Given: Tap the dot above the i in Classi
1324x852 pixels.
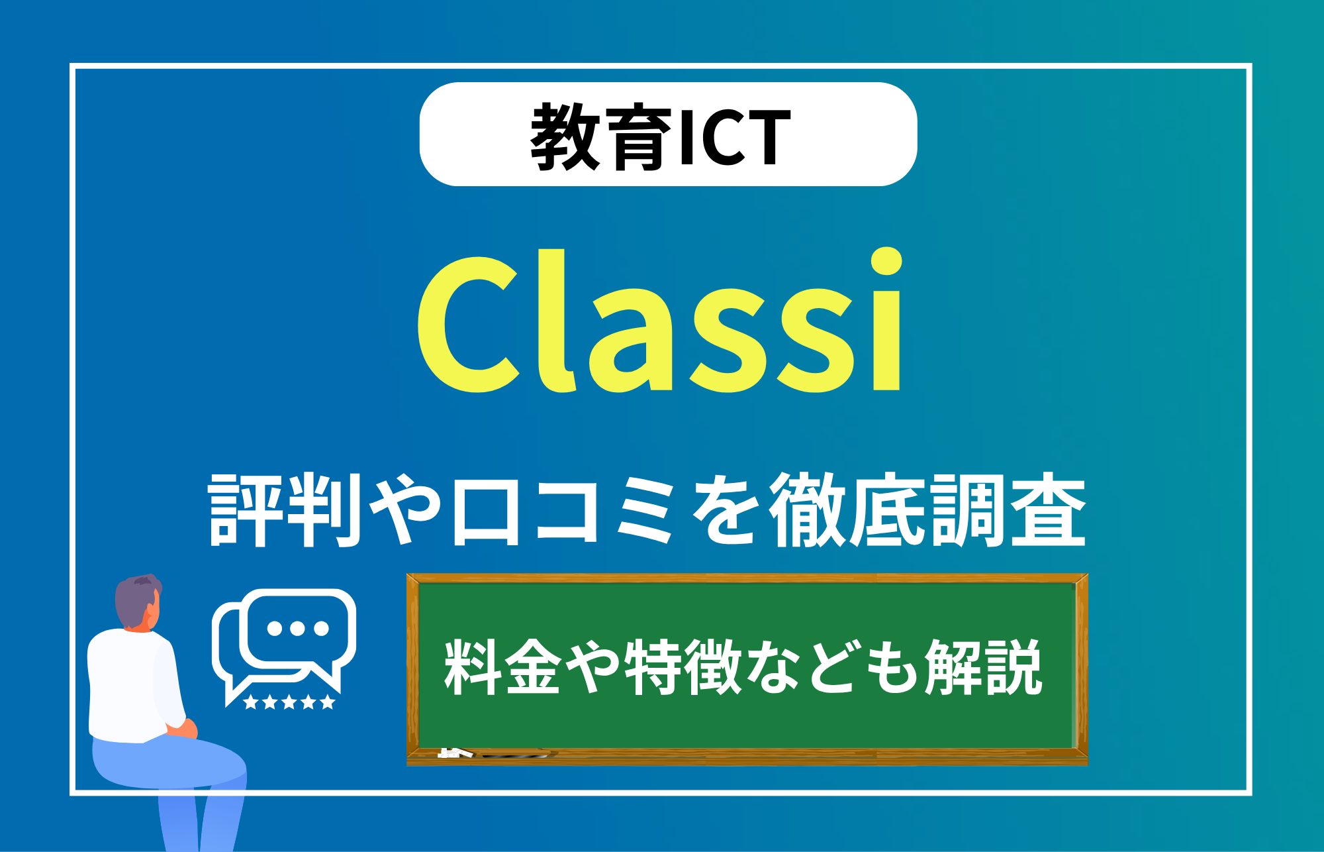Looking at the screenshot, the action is tap(886, 261).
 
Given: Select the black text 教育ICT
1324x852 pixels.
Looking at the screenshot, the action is tap(661, 136).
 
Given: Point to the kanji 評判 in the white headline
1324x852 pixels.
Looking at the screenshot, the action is tap(285, 510).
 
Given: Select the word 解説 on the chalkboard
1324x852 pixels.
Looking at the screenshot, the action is tap(984, 667).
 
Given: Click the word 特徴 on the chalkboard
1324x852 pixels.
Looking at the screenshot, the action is tap(683, 667).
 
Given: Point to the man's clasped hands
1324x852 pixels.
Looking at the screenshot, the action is tap(182, 729).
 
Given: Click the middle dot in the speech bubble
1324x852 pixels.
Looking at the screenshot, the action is tap(297, 628).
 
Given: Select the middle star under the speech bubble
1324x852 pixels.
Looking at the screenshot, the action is tap(289, 702).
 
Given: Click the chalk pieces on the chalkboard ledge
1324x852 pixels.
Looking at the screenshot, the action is tap(455, 753).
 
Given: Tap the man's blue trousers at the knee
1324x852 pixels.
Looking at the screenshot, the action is tap(218, 762).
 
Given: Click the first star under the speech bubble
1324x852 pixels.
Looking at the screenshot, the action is tap(251, 702).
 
